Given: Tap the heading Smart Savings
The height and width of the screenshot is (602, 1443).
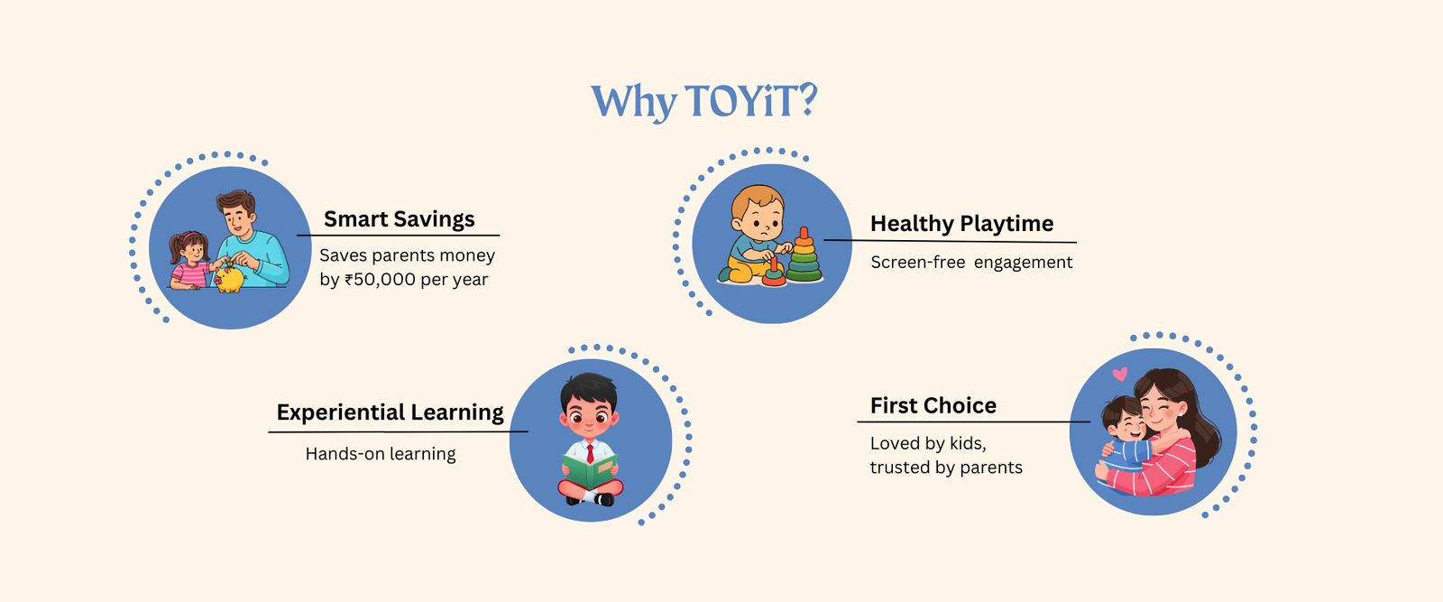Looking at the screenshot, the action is tap(400, 219).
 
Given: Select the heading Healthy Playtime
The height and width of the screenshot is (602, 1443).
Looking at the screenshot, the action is tap(961, 224).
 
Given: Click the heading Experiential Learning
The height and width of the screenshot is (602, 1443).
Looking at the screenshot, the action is tap(390, 412).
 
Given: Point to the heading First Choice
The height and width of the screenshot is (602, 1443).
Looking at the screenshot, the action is tap(933, 405).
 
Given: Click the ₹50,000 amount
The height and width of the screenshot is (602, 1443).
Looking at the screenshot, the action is tap(380, 280).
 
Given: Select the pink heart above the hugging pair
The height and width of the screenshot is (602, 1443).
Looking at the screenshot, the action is tap(1120, 374).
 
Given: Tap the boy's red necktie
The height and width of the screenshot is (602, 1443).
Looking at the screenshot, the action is tap(590, 453).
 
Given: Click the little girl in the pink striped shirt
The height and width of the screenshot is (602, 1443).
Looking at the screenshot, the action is tap(190, 261).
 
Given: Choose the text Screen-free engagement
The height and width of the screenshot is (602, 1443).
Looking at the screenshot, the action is tap(971, 263).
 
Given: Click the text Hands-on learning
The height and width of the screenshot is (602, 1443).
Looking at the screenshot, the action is tap(381, 454).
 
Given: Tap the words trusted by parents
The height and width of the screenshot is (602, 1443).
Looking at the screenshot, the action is tap(946, 468).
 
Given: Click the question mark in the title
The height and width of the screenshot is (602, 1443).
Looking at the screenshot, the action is tap(807, 100).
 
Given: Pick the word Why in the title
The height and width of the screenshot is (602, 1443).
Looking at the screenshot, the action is tap(634, 103).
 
